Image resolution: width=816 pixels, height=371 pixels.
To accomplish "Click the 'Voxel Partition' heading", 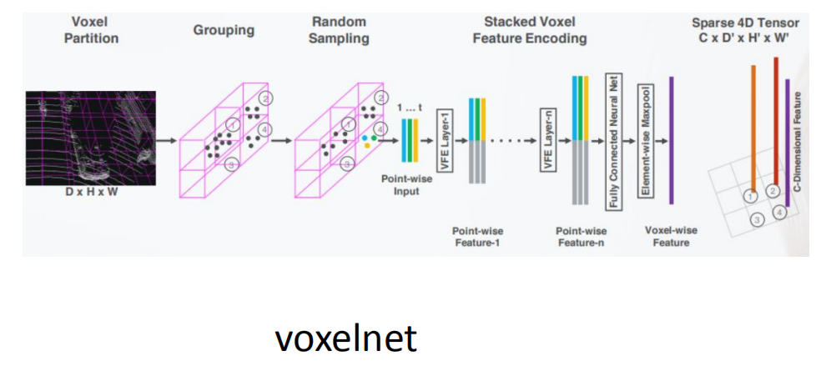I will click(91, 30).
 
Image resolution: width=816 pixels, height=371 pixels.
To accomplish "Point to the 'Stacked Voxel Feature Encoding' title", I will click(529, 30).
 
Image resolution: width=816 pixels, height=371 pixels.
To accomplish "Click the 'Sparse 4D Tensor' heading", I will click(745, 30).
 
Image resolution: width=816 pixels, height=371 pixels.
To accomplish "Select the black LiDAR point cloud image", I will click(90, 138).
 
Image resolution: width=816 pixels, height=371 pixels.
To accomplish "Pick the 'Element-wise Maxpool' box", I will click(644, 141).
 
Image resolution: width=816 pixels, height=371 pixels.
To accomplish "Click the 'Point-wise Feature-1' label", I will click(477, 237).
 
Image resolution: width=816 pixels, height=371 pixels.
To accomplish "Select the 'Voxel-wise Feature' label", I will click(672, 236).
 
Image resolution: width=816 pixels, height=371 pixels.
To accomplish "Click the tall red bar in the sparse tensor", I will click(776, 125).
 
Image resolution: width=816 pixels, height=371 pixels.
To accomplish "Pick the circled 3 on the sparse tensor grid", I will click(757, 220).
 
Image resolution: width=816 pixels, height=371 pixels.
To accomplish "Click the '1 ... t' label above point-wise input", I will click(409, 108).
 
